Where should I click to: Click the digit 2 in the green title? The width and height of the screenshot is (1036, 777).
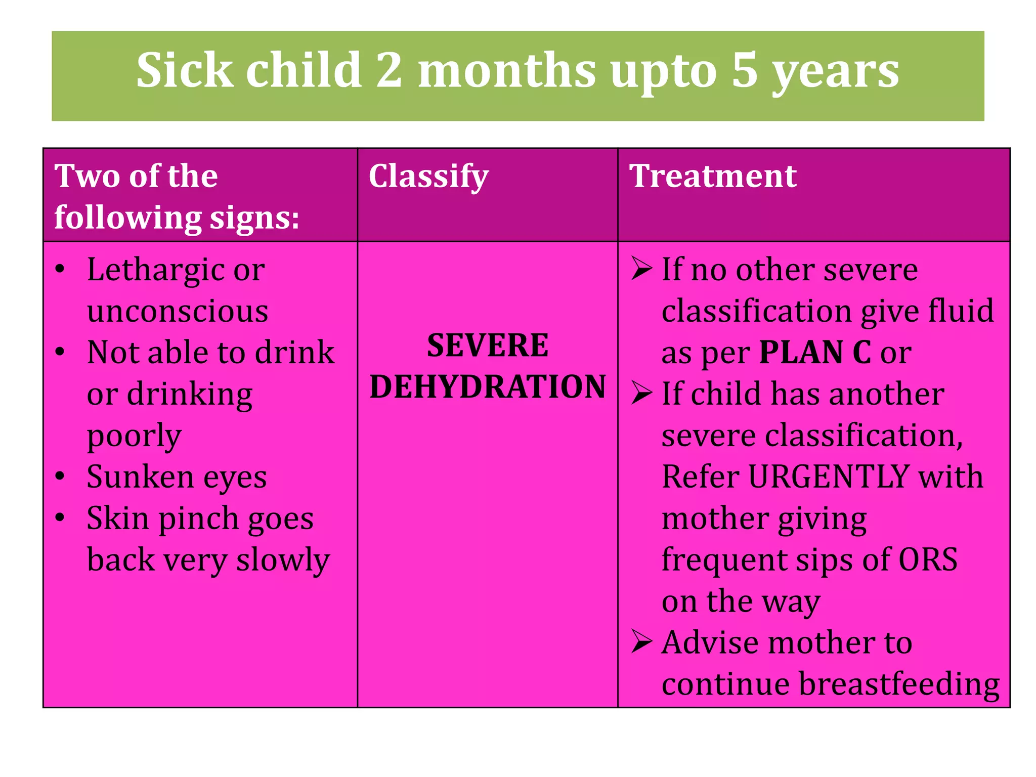(388, 70)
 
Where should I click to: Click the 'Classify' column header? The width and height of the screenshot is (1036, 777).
(428, 177)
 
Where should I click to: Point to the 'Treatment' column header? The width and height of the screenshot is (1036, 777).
(712, 176)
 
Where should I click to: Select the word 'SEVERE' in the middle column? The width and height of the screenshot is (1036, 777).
(488, 346)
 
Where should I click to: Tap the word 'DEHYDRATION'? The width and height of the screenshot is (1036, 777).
(488, 387)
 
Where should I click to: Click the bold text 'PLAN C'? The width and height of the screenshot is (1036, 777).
(815, 352)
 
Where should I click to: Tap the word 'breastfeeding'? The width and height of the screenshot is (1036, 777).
(899, 684)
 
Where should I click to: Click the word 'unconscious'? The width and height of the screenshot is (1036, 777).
(178, 311)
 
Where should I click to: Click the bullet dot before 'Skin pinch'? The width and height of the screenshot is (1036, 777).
(60, 517)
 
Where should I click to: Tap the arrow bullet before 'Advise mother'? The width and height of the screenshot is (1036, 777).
(641, 642)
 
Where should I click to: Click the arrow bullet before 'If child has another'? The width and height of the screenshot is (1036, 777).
(641, 394)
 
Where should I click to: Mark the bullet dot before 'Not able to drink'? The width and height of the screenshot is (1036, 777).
(60, 352)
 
